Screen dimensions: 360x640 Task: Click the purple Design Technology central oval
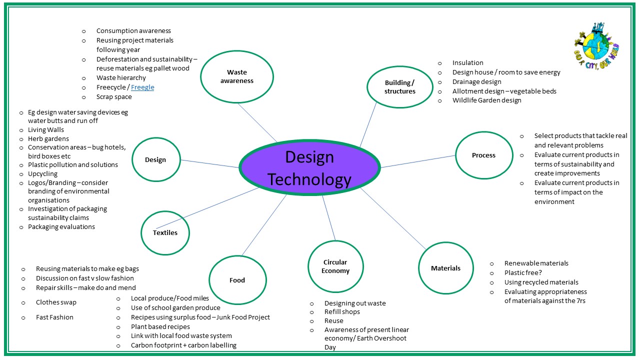pyautogui.click(x=309, y=167)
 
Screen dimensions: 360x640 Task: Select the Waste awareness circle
pyautogui.click(x=237, y=76)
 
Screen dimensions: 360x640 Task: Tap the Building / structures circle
pyautogui.click(x=399, y=87)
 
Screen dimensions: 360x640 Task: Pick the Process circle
pyautogui.click(x=483, y=155)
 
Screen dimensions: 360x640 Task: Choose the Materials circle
pyautogui.click(x=445, y=268)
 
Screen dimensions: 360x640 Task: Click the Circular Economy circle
pyautogui.click(x=335, y=266)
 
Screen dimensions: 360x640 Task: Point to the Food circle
pyautogui.click(x=237, y=280)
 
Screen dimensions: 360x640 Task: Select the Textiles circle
pyautogui.click(x=165, y=232)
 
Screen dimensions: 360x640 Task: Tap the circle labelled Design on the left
pyautogui.click(x=155, y=159)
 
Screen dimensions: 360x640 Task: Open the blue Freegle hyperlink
pyautogui.click(x=142, y=87)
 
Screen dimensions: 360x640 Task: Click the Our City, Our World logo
pyautogui.click(x=596, y=44)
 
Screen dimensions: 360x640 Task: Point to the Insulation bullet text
pyautogui.click(x=467, y=63)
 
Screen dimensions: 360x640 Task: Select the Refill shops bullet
pyautogui.click(x=342, y=312)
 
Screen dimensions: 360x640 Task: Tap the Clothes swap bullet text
pyautogui.click(x=56, y=302)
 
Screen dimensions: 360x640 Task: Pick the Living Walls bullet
pyautogui.click(x=46, y=130)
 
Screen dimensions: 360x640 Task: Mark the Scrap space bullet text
pyautogui.click(x=114, y=97)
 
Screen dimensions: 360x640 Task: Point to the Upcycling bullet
pyautogui.click(x=42, y=174)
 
